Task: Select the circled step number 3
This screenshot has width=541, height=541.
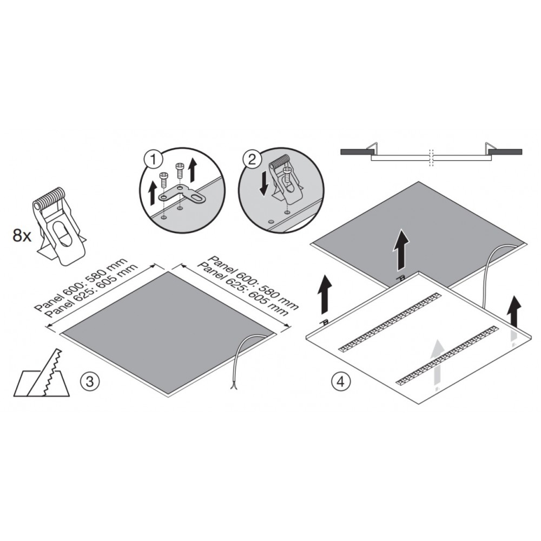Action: [90, 381]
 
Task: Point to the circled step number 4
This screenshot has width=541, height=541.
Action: [341, 381]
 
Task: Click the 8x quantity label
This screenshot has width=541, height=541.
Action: [22, 236]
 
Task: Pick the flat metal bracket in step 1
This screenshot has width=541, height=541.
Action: [182, 194]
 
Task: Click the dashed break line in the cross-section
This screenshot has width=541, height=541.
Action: [430, 157]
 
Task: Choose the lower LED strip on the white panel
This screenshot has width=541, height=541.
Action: [447, 355]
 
